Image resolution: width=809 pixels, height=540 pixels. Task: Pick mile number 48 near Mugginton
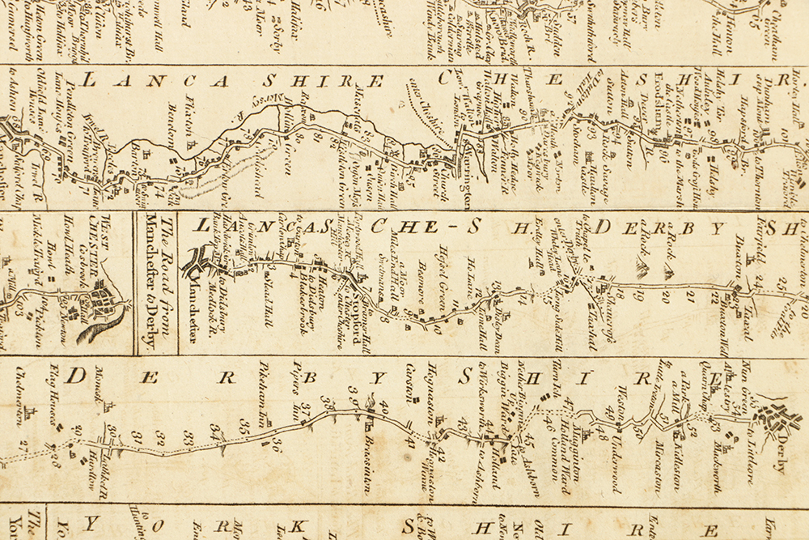(604, 436)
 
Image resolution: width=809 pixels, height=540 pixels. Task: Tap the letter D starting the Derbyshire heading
(77, 376)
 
